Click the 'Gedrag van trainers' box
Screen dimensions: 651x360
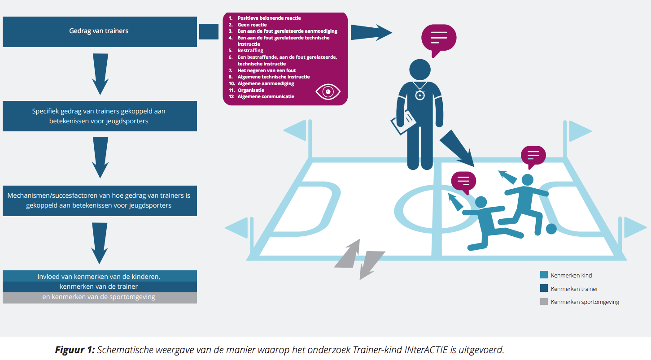[100, 32]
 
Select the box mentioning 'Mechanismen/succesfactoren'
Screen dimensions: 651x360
[100, 200]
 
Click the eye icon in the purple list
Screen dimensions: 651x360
[328, 92]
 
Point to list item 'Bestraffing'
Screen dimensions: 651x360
[250, 51]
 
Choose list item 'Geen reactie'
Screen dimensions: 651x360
[252, 25]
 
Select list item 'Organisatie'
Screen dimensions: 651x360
[251, 90]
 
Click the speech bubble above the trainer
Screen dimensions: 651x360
[438, 39]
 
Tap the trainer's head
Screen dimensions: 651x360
[419, 70]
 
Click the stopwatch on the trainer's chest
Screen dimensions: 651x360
[419, 95]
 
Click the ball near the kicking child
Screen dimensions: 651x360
[551, 229]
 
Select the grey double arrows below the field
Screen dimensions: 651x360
[360, 259]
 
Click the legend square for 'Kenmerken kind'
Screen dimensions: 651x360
[544, 275]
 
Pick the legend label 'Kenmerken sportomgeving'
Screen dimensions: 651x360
[585, 302]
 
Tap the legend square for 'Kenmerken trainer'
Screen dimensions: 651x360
[544, 288]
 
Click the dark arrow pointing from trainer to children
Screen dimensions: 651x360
[457, 148]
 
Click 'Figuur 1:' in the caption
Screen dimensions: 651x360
[75, 350]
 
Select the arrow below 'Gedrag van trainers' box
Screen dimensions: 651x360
[100, 74]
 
